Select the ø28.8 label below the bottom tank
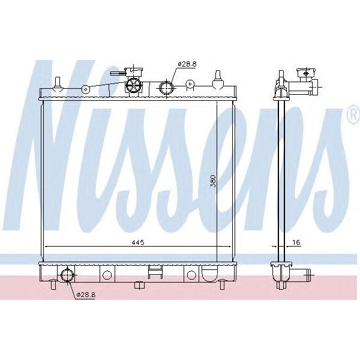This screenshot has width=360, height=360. (x=85, y=295)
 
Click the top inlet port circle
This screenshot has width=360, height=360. (x=166, y=89)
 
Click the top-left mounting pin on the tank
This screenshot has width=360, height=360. (x=58, y=83)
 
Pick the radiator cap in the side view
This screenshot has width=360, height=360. (x=307, y=76)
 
